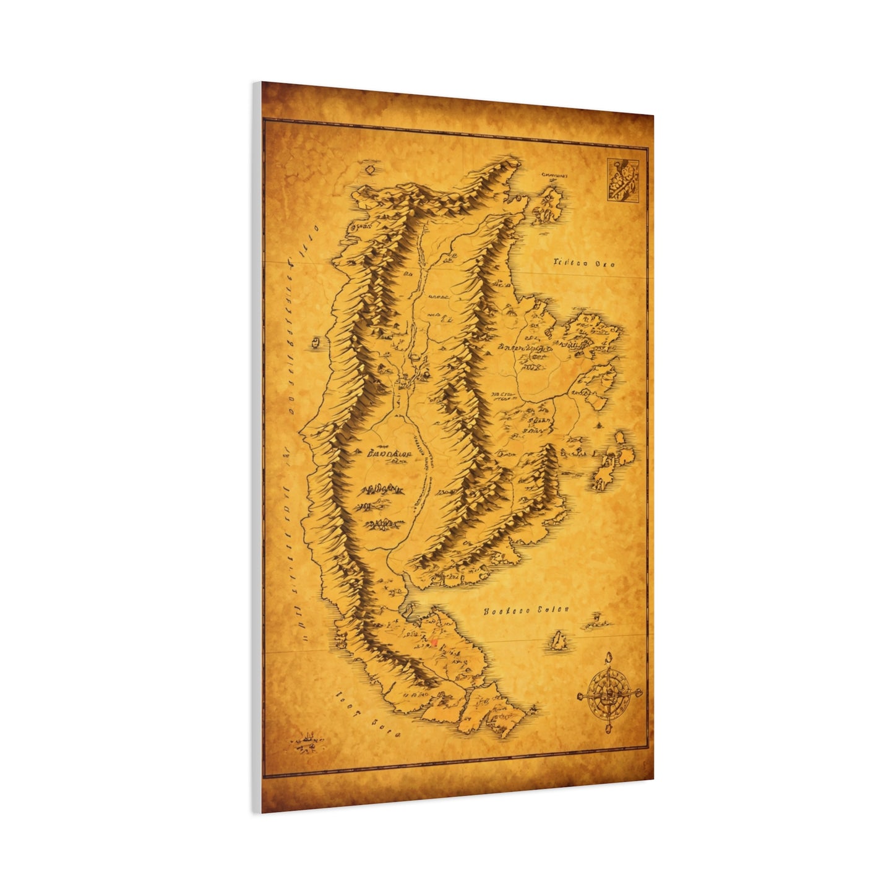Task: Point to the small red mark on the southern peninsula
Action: (435, 642)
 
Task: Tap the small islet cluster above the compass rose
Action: (595, 619)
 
